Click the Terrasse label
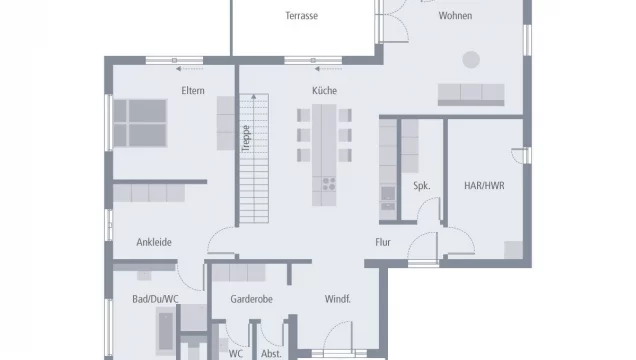pos(301,16)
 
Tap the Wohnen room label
pos(455,16)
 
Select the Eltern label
pos(193,91)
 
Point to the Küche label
pos(324,91)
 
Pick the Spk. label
pos(421,186)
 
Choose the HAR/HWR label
pos(482,186)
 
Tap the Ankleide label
pos(154,242)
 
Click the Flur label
pos(383,242)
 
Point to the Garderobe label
pos(252,299)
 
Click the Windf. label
pos(337,299)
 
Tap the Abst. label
pos(271,353)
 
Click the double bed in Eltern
pos(140,124)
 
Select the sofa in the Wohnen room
pos(470,94)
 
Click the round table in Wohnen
pos(471,59)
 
